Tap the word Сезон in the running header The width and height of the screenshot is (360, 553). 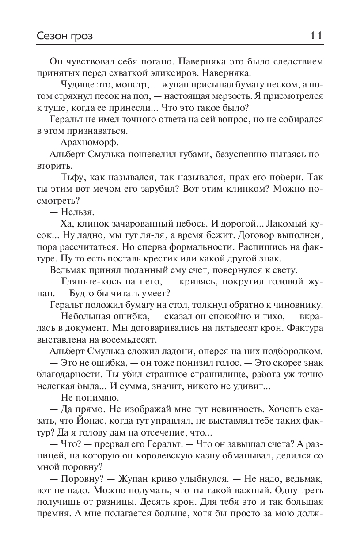click(x=50, y=36)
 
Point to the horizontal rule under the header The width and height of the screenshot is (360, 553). click(x=180, y=44)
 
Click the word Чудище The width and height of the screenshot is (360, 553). click(x=78, y=84)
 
